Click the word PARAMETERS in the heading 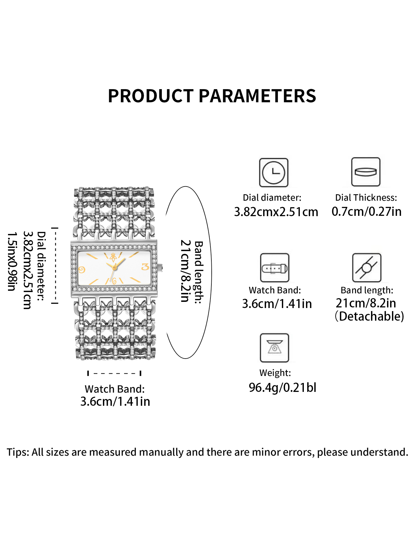click(257, 96)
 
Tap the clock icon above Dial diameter click(274, 173)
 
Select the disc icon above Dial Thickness click(366, 172)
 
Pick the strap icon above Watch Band click(275, 268)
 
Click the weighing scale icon click(274, 348)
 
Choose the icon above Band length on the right click(367, 268)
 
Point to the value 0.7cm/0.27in click(366, 212)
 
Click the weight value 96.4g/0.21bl click(282, 388)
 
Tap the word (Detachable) click(369, 316)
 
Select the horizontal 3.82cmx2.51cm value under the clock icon click(276, 212)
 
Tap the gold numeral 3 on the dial click(145, 267)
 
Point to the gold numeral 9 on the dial click(82, 270)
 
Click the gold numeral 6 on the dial click(114, 281)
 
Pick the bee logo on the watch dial click(113, 257)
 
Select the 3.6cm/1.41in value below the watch click(115, 401)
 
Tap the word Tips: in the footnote click(18, 452)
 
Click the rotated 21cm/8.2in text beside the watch click(185, 271)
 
